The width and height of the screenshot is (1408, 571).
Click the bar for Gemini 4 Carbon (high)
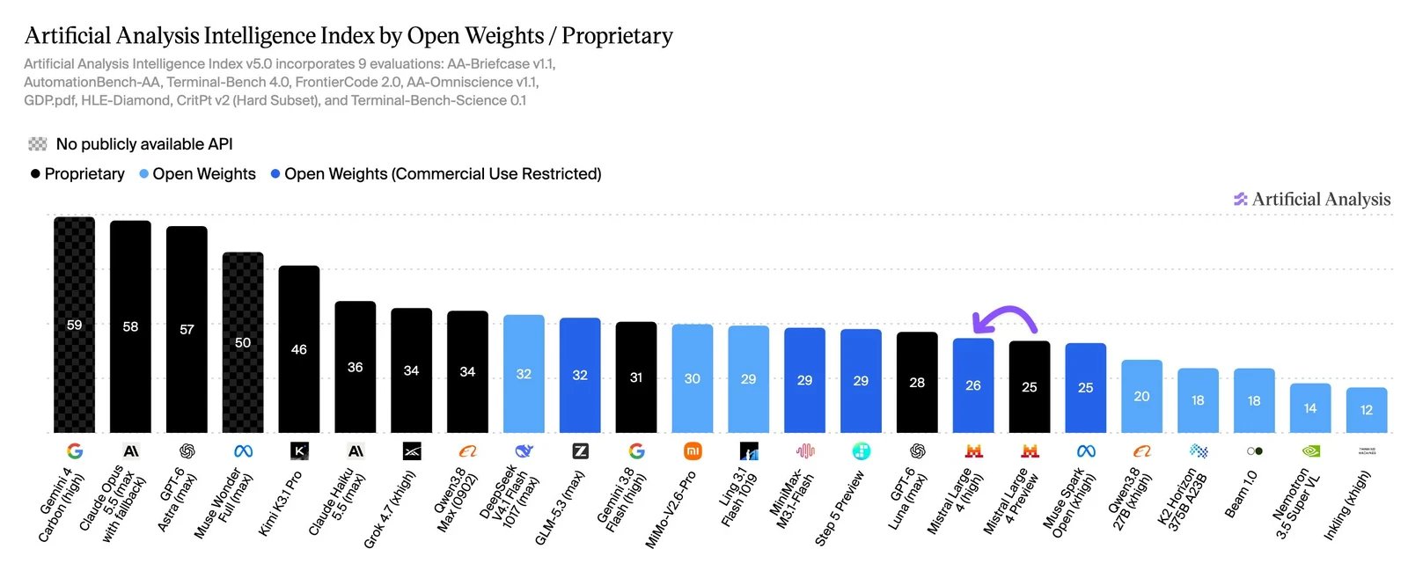pos(74,325)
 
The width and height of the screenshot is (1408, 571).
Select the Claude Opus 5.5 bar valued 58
pos(130,326)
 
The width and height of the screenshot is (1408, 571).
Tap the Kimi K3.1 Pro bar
pos(299,349)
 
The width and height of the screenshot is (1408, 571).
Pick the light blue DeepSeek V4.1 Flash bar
pos(524,374)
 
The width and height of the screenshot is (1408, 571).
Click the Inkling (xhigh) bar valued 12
pos(1367,410)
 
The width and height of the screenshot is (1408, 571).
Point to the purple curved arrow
pos(1006,309)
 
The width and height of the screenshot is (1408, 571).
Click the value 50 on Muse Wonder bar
pos(243,342)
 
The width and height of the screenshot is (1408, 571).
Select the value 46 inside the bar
pos(299,349)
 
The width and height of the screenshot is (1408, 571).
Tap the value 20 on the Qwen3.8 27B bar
pos(1141,397)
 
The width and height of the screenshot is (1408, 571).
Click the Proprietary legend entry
pos(78,174)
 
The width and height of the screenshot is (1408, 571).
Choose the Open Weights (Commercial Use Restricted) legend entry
pos(436,174)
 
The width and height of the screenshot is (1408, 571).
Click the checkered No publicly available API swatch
pos(38,144)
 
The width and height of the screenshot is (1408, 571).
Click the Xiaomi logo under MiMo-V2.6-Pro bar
pos(692,451)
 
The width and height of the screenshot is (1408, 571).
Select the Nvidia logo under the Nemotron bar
pos(1310,451)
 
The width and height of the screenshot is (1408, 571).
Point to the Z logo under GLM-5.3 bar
pos(580,451)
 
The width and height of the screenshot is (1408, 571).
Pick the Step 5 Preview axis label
pos(840,509)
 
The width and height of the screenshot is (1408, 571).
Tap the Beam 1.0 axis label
pos(1241,494)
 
